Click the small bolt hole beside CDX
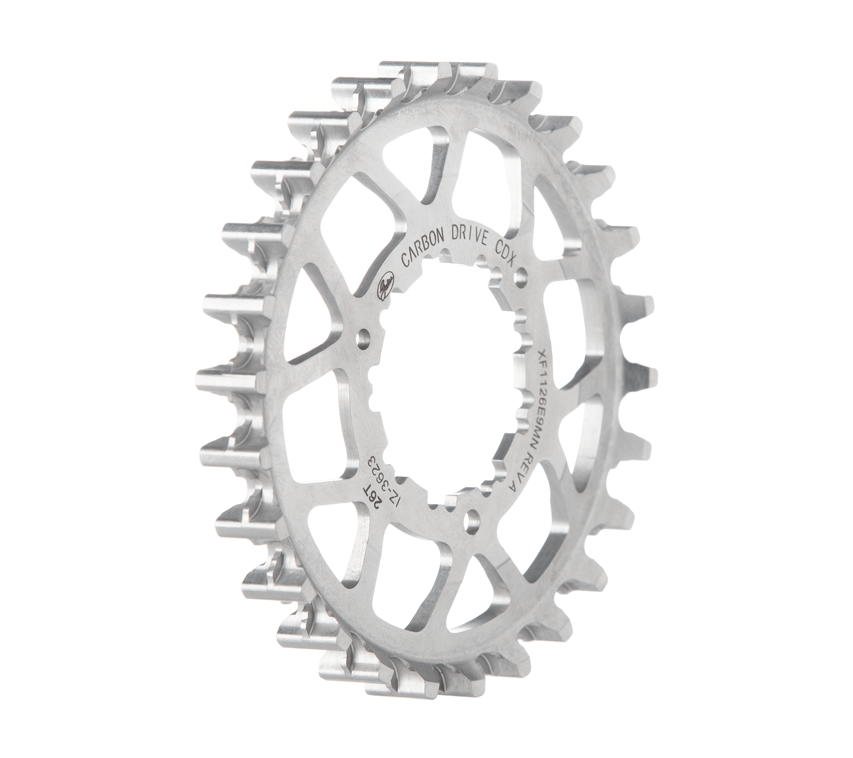[x=522, y=274]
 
